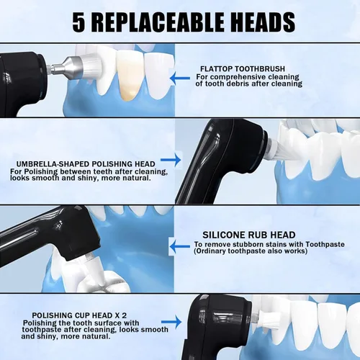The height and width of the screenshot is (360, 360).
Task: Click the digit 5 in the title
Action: [x=81, y=23]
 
